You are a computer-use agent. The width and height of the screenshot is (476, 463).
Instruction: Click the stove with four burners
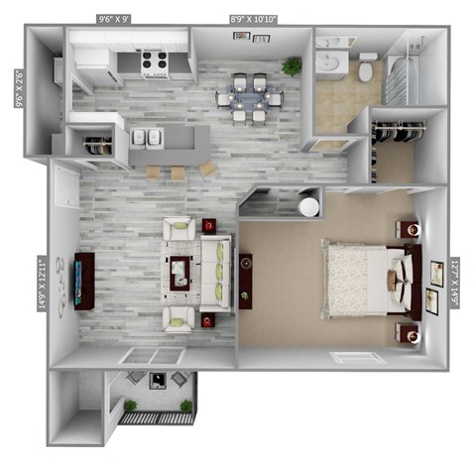coord(156,65)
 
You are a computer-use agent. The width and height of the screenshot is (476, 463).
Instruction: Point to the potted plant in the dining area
coord(292,66)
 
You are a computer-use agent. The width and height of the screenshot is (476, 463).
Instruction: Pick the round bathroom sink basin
coord(330,63)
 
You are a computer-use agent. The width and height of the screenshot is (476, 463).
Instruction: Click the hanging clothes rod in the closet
coord(399,130)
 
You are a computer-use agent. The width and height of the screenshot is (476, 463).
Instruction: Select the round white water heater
coord(309,207)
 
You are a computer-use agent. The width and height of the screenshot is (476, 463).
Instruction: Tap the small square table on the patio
coord(157,380)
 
